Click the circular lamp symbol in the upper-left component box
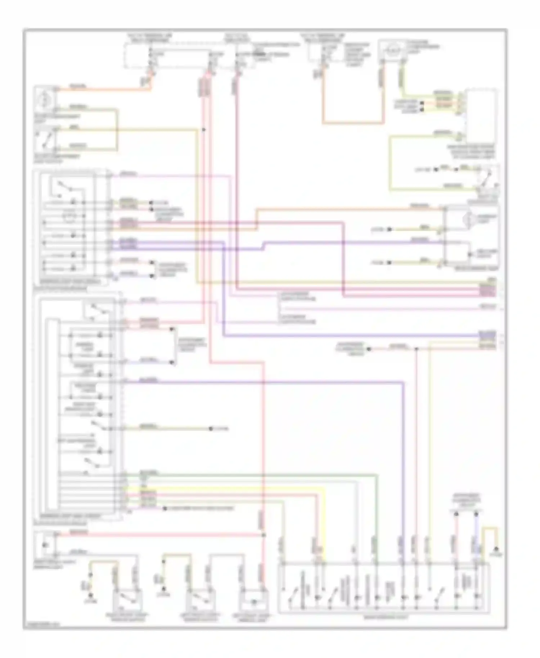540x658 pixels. pos(44,97)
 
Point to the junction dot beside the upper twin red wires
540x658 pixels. pos(204,129)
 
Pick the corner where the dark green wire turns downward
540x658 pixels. pos(377,475)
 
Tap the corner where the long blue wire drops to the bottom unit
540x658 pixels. pos(403,383)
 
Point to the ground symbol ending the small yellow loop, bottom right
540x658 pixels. pos(496,550)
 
